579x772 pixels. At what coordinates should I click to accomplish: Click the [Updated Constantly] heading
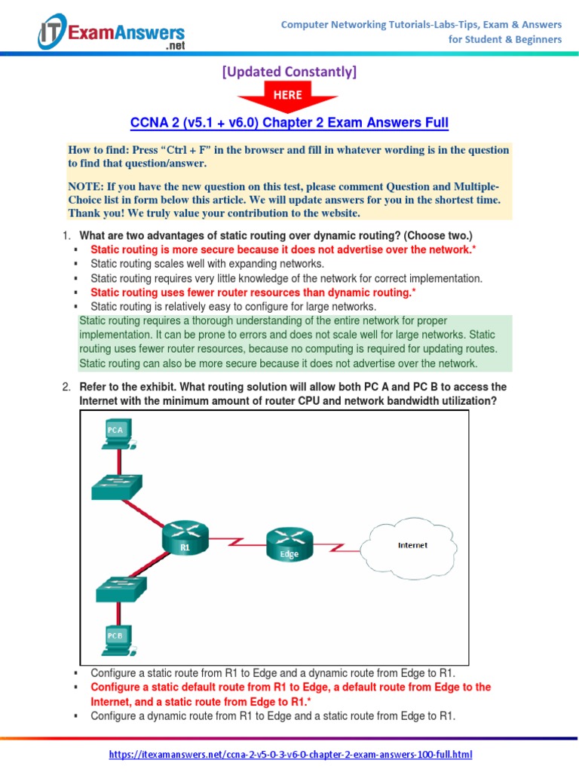tap(288, 72)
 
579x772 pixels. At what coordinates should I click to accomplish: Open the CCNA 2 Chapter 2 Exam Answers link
tap(289, 122)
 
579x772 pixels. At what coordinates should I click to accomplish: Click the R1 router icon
tap(185, 540)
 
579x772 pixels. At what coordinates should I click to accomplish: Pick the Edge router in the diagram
tap(289, 544)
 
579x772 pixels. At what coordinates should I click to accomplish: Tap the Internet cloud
tap(412, 545)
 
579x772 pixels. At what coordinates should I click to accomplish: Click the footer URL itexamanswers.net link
tap(290, 754)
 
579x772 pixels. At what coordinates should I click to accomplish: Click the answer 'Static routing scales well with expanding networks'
tap(207, 264)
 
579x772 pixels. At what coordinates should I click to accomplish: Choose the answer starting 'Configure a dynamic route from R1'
tap(273, 716)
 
